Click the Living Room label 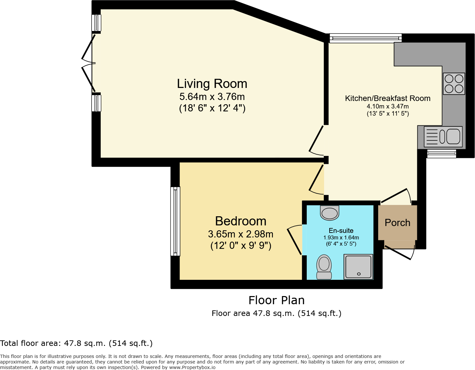(x=212, y=84)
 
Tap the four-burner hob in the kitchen (x=454, y=84)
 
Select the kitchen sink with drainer (x=443, y=137)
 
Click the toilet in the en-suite (x=324, y=267)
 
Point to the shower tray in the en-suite (x=358, y=267)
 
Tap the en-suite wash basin (x=330, y=213)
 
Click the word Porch (x=397, y=223)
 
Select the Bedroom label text (x=241, y=221)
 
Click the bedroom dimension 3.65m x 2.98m (x=241, y=234)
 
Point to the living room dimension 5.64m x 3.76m (x=212, y=97)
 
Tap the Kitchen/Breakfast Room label (x=388, y=98)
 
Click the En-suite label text (x=341, y=231)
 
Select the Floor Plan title (x=276, y=300)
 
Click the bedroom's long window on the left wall (x=175, y=221)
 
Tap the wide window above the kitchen (x=365, y=38)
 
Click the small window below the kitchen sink (x=441, y=154)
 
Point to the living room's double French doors (x=89, y=63)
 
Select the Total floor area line (x=76, y=343)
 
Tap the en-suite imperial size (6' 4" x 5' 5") (x=341, y=244)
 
